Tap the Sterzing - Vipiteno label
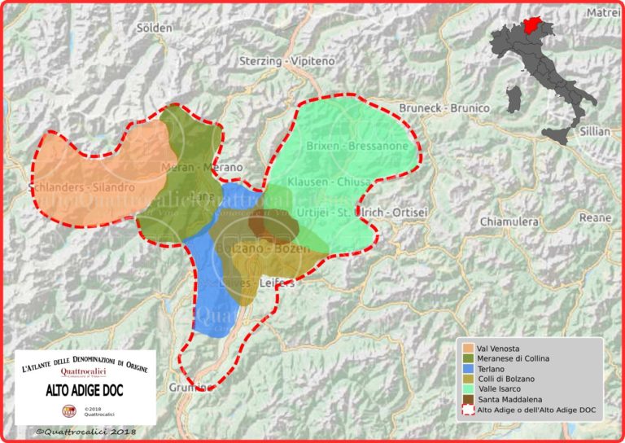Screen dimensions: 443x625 click(x=278, y=61)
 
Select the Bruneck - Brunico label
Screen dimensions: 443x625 click(x=444, y=107)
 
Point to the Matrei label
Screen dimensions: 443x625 click(x=602, y=12)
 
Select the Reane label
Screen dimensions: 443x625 click(x=594, y=217)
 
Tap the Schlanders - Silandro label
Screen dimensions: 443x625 click(x=81, y=186)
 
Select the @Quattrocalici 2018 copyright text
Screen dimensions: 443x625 click(x=85, y=431)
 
